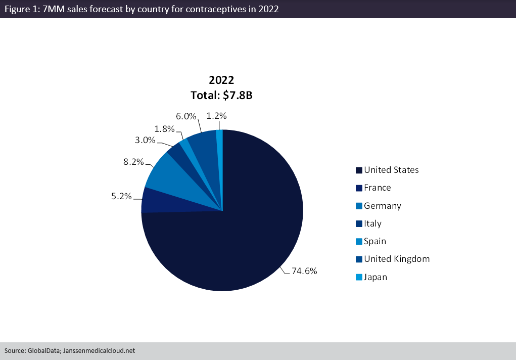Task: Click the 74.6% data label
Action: [304, 271]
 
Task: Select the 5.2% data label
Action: [122, 196]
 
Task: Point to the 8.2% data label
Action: [134, 162]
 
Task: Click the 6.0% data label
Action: [186, 116]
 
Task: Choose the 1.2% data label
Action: [217, 116]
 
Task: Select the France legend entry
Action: [377, 188]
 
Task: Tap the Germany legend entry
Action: [382, 206]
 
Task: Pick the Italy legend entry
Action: [372, 223]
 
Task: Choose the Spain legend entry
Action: [374, 241]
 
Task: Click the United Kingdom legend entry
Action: [396, 259]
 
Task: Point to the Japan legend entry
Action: [375, 277]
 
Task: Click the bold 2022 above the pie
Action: [221, 80]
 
